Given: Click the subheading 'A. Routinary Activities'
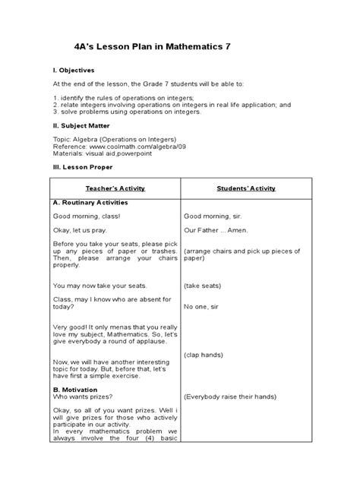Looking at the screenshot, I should pyautogui.click(x=90, y=204).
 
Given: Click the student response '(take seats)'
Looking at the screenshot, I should pyautogui.click(x=202, y=286).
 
